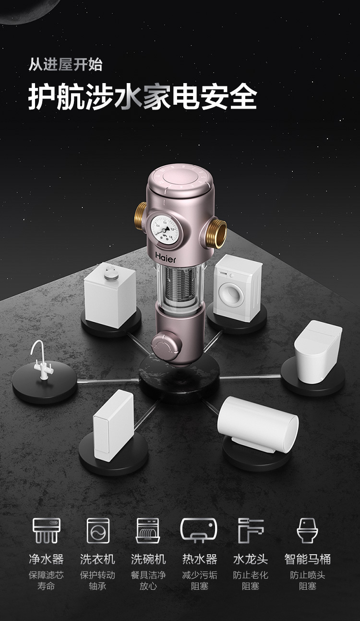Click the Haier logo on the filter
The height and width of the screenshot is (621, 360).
pos(165,257)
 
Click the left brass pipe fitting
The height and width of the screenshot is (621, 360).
pos(141,213)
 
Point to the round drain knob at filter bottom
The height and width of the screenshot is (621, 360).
pos(166,345)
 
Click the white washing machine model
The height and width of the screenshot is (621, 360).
pos(237,288)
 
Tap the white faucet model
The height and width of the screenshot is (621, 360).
pos(41,360)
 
